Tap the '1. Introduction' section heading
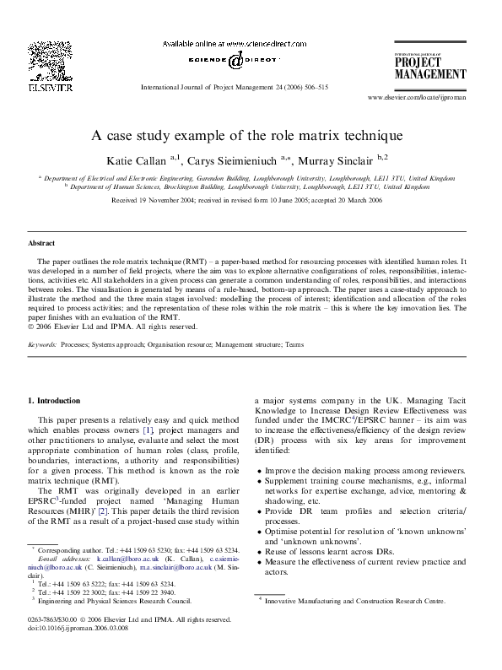click(55, 400)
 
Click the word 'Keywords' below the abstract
click(42, 345)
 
